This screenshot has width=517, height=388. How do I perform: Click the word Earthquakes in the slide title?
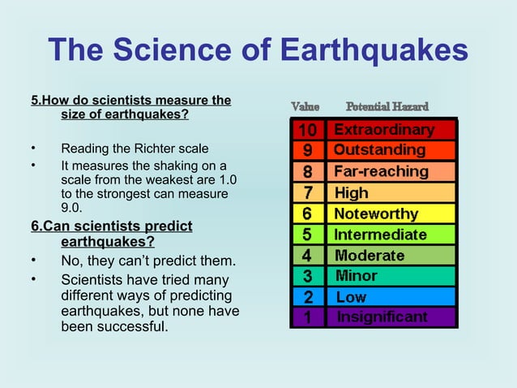point(374,50)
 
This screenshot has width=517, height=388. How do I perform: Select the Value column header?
point(305,107)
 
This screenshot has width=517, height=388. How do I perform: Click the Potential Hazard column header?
point(387,107)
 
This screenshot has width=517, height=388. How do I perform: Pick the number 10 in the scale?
point(307,130)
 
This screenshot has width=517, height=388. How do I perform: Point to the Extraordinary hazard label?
point(384,130)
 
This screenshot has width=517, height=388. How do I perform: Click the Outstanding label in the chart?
point(379,150)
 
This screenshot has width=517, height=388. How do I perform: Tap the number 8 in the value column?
point(308,172)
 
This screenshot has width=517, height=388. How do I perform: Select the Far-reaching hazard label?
point(381,171)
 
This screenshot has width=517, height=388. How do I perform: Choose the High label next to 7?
point(352,193)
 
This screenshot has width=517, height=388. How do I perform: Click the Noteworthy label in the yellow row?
point(376,214)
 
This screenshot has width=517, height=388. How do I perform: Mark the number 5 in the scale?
point(308,235)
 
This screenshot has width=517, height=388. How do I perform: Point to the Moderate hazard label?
point(369,256)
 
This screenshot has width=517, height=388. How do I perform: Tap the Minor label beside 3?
point(357,276)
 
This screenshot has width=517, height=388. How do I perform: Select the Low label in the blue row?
point(351,297)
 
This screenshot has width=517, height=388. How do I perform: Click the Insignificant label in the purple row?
point(383,317)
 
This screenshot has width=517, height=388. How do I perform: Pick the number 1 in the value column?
point(308,317)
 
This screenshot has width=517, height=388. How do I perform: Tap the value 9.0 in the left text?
point(72,208)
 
